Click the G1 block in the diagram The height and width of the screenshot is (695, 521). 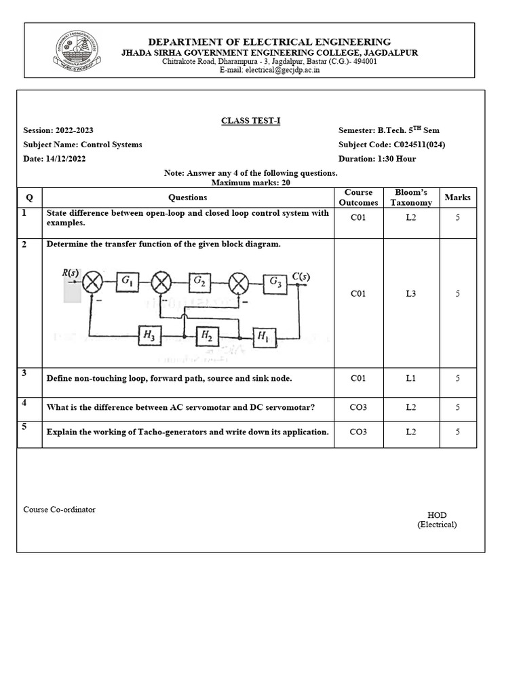tap(127, 281)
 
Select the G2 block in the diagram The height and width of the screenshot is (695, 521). tap(199, 281)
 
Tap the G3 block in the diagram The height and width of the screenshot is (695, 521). tap(275, 281)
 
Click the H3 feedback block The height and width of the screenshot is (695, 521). tap(147, 335)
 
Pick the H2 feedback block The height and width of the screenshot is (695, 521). tap(204, 335)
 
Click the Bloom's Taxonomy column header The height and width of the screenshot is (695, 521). tap(411, 198)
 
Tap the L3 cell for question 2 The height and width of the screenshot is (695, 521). tap(411, 294)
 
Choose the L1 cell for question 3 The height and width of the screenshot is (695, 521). tap(411, 378)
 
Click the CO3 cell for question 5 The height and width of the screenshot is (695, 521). tap(358, 432)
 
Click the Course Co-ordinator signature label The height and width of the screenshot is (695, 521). tap(59, 509)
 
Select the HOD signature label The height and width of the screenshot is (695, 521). tap(437, 516)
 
